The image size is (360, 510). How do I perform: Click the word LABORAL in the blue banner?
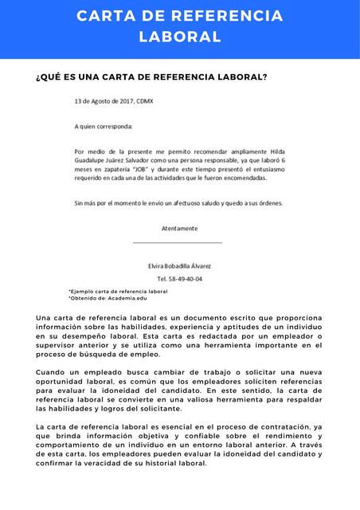[x=180, y=37]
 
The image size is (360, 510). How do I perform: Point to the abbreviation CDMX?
[x=145, y=102]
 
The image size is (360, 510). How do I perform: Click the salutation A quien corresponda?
[x=104, y=126]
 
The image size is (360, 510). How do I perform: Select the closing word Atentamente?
[x=179, y=228]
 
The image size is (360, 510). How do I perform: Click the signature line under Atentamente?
[x=178, y=242]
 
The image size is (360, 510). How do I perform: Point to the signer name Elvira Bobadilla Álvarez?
[x=180, y=265]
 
